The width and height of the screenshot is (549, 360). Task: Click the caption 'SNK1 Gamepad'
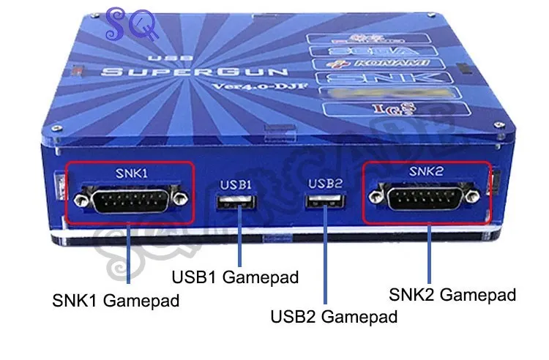pos(114,300)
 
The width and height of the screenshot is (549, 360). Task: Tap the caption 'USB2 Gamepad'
pos(334,317)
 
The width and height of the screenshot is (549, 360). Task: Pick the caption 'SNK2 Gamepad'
pos(452,295)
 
